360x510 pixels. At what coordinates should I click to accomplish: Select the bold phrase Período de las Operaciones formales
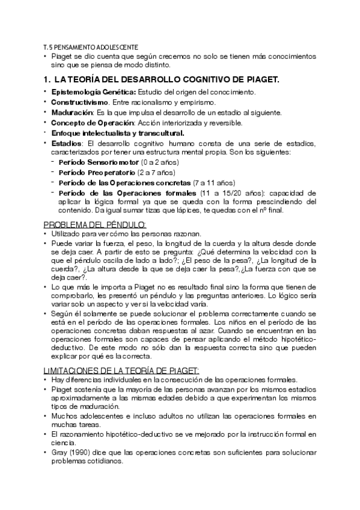click(128, 192)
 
